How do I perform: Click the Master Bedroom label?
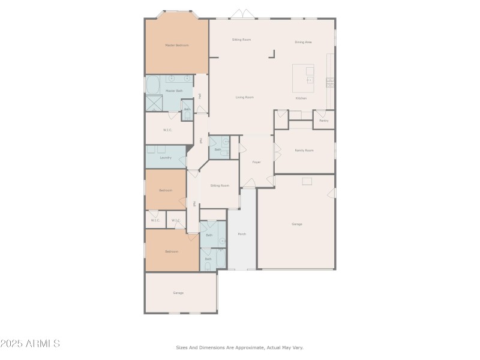[x=177, y=45]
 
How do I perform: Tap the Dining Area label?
[x=303, y=42]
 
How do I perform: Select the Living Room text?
[x=244, y=97]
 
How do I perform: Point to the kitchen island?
[x=303, y=77]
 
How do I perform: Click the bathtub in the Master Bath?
[x=154, y=84]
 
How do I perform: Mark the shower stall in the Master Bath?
[x=154, y=103]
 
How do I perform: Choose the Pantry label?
[x=324, y=121]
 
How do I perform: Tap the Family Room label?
[x=304, y=150]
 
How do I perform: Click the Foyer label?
[x=256, y=162]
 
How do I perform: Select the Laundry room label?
[x=166, y=158]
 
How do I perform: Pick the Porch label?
[x=242, y=234]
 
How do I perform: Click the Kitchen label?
[x=301, y=98]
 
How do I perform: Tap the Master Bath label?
[x=174, y=91]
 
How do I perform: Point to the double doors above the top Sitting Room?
[x=239, y=14]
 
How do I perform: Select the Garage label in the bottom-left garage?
[x=178, y=293]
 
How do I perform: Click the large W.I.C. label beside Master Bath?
[x=168, y=130]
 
